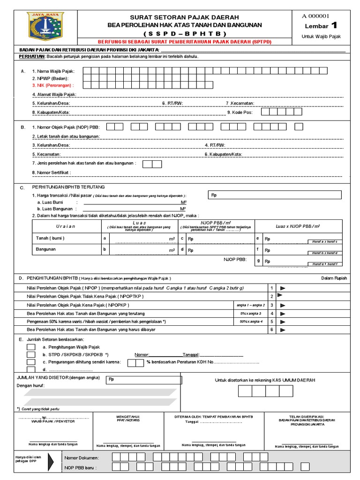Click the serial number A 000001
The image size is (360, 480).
click(322, 15)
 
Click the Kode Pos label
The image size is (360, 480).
click(240, 112)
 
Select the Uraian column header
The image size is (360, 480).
click(66, 226)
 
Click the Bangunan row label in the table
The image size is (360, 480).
click(46, 249)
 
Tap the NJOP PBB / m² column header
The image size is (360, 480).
click(216, 223)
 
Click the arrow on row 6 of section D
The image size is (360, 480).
click(283, 330)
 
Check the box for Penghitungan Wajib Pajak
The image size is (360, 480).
click(31, 347)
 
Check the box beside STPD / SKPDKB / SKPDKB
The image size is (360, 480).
click(31, 355)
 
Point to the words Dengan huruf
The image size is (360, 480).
click(30, 385)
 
